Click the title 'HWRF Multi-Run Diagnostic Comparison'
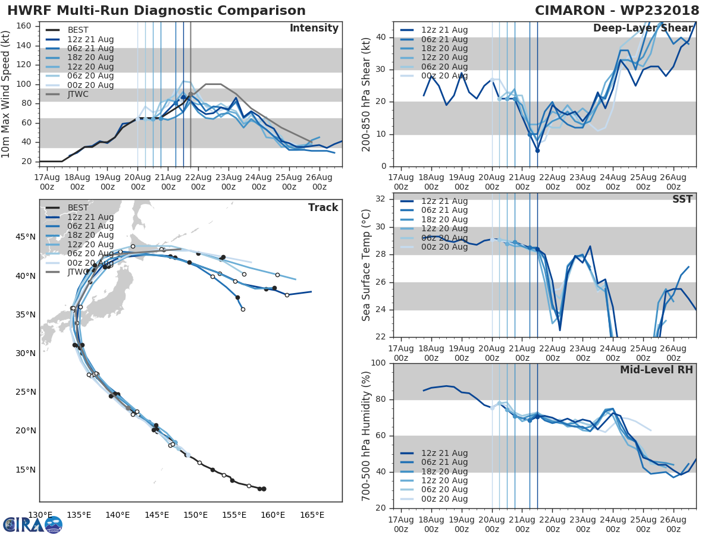tap(156, 11)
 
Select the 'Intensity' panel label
tap(314, 29)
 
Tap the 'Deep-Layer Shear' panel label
tap(643, 29)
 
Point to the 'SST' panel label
tap(682, 199)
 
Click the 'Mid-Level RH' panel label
tap(656, 370)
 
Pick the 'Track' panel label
tap(323, 207)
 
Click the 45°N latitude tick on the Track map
tap(25, 237)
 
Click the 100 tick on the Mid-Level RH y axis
tap(379, 363)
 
